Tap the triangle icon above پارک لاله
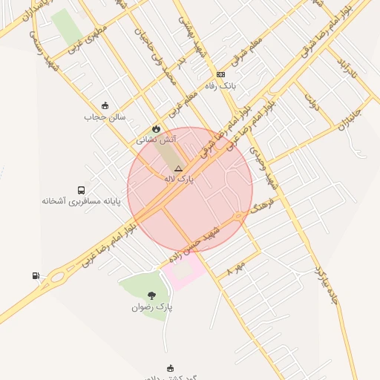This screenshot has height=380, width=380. tap(178, 169)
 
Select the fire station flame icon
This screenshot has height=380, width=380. tap(156, 128)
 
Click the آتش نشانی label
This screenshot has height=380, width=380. tap(156, 139)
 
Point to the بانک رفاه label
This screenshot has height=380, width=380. tap(220, 85)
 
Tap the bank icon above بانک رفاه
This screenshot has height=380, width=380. tap(220, 74)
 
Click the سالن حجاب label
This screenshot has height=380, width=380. tap(105, 117)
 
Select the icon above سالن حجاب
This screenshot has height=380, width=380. tap(105, 105)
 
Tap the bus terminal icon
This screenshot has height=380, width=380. tap(81, 190)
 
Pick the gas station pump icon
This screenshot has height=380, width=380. tap(36, 276)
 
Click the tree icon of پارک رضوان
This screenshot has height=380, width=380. tap(152, 295)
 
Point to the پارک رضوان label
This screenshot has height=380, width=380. tap(152, 307)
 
